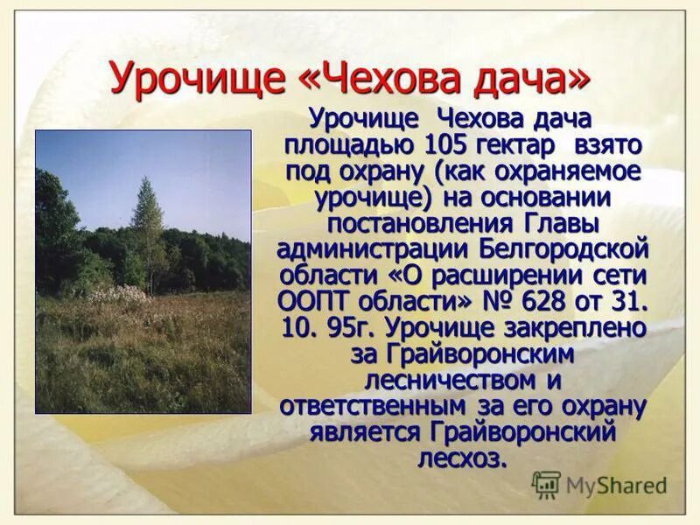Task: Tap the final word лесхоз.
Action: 463,458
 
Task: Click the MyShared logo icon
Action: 546,485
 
